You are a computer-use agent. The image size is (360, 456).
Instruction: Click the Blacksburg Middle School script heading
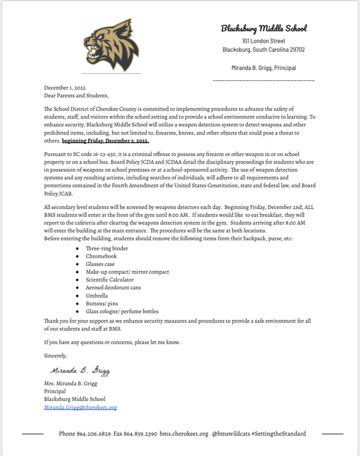pos(264,28)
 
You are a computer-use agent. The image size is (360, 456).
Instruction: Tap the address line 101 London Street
pos(263,41)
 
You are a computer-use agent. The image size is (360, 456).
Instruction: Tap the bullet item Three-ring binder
pos(107,250)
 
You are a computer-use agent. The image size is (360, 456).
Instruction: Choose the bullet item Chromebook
pos(102,258)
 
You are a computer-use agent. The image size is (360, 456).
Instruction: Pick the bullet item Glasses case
pos(102,265)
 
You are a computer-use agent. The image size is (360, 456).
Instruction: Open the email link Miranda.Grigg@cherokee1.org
pos(80,408)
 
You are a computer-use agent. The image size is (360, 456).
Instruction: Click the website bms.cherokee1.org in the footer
pos(184,434)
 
